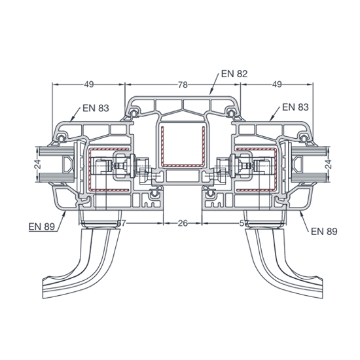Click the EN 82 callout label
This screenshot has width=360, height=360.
click(x=234, y=74)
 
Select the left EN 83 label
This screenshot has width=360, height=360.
click(x=96, y=108)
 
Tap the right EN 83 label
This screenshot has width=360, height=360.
click(x=295, y=107)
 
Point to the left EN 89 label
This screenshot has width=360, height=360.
click(x=42, y=227)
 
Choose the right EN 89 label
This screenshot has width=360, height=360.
click(x=324, y=232)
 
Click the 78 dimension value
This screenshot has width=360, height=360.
click(x=183, y=85)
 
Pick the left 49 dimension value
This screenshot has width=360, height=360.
click(x=89, y=84)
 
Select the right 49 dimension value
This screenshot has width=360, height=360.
click(x=277, y=84)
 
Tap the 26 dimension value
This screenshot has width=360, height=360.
click(x=183, y=223)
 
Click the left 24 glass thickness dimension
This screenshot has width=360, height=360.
click(x=38, y=164)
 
